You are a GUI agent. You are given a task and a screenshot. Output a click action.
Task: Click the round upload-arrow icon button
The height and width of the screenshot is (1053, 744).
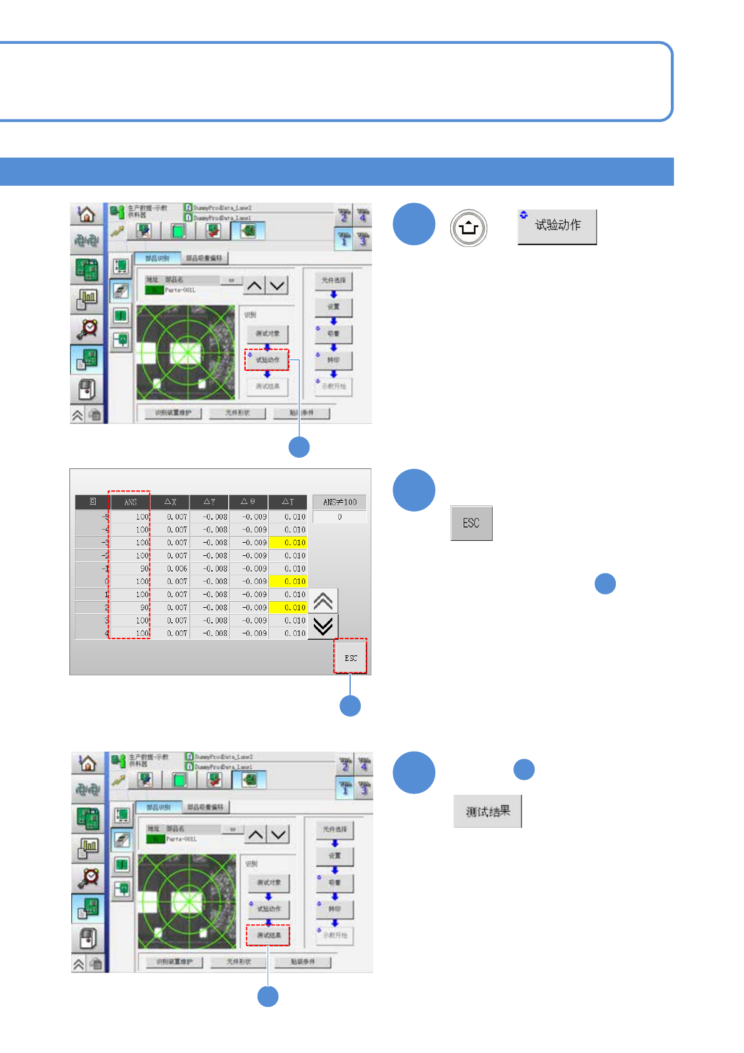point(468,228)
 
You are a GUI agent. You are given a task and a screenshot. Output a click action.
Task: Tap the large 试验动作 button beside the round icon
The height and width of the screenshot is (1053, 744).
point(557,226)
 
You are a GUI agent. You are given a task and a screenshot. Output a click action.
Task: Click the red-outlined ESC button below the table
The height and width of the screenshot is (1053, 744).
point(350,657)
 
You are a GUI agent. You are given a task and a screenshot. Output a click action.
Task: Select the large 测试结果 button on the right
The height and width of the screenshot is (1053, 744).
point(488,812)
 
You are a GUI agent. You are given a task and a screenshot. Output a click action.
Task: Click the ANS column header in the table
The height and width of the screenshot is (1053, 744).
point(130,502)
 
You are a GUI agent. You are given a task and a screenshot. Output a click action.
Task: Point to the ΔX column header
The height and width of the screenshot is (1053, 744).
point(170,502)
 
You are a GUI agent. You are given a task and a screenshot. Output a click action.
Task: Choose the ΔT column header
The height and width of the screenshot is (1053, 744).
point(288,502)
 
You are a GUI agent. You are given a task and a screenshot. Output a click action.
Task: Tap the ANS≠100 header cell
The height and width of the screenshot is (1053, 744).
point(339,502)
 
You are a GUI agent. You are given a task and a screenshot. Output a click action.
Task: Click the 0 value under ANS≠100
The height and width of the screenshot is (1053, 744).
point(339,517)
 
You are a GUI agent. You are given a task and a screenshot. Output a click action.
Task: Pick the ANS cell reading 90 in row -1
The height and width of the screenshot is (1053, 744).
point(131,568)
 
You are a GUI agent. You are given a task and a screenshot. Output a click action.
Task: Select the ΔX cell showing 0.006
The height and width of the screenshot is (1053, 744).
point(170,568)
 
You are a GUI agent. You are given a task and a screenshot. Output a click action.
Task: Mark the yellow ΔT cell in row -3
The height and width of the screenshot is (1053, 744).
point(288,542)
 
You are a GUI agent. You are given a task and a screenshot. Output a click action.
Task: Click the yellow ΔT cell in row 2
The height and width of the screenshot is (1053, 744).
point(288,607)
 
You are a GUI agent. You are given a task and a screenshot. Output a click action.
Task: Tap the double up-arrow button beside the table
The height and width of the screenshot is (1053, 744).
point(323,601)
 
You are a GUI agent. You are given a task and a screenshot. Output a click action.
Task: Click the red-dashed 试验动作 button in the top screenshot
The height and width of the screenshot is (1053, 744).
point(267,360)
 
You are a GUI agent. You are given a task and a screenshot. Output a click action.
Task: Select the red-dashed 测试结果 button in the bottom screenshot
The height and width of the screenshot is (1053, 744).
point(268,935)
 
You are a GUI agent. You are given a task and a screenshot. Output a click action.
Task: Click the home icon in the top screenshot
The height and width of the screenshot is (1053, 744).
point(86,214)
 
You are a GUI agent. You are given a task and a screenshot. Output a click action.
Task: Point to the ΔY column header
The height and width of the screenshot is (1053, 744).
point(209,502)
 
